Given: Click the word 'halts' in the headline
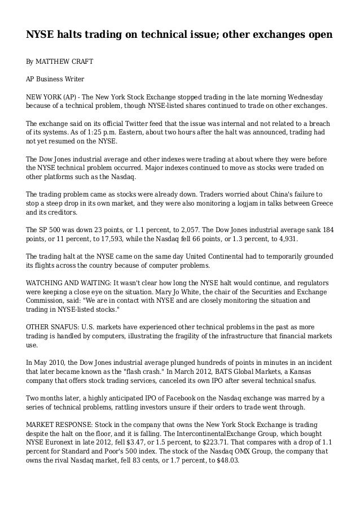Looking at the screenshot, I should (73, 35).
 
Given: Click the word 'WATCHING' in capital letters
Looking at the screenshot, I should (49, 283).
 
